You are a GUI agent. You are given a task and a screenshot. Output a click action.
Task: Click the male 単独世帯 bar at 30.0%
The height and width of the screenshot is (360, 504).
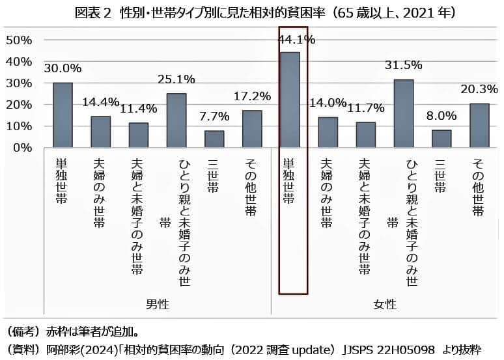(63, 115)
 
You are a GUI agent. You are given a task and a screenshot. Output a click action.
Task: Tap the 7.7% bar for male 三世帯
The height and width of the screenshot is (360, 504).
(214, 139)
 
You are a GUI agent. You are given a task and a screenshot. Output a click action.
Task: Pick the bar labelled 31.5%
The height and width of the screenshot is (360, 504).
(404, 113)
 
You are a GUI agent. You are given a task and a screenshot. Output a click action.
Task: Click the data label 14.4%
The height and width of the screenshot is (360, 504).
(101, 102)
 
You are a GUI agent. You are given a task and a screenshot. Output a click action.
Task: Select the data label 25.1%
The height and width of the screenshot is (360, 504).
(176, 79)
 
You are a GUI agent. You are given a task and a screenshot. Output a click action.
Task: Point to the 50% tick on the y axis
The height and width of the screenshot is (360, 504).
(19, 40)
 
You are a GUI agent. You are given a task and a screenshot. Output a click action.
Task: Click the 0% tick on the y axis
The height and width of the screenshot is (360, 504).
(22, 148)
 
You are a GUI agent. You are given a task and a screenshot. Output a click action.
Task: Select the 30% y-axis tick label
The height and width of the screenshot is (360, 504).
(19, 83)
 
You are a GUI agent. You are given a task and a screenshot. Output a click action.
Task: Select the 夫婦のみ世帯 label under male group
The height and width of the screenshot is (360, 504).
(100, 189)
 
